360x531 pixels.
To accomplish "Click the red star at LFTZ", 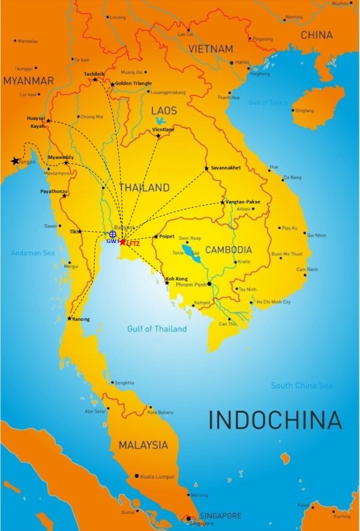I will pos(122,242).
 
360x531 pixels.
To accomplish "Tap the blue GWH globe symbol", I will pos(112,234).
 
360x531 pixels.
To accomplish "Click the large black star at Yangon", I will pos(15,161).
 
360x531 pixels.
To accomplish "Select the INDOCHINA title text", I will pos(274,419).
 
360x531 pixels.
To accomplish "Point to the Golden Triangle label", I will pos(133,83).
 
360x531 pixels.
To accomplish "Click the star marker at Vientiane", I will pos(158,136).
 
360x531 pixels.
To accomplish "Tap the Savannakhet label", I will pos(226,168).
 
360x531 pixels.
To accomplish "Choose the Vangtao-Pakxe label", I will pos(243,202).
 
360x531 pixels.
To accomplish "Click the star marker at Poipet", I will pos(156,236).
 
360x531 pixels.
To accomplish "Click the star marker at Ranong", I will pos(70,319).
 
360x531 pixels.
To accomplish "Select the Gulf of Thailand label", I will pos(157,329).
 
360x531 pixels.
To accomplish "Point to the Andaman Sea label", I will pos(32,253).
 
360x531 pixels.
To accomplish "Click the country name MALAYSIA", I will pos(143,445).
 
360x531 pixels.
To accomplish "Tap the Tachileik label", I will pos(94,74).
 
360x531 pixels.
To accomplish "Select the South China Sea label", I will pos(301,385).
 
